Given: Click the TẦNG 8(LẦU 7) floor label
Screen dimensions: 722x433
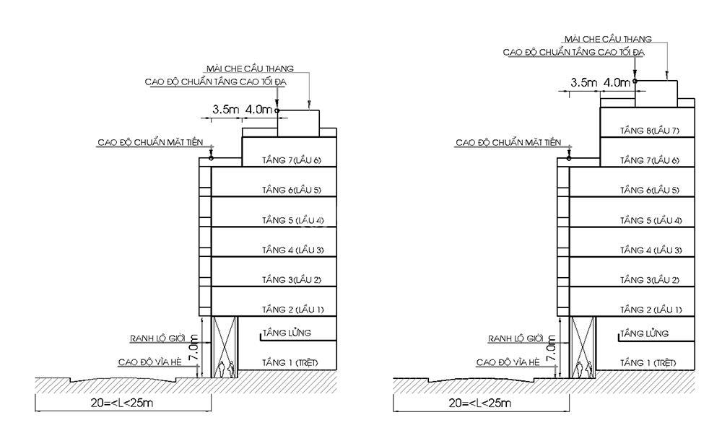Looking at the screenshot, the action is point(649,131).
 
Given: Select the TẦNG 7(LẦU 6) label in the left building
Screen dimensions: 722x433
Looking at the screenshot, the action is point(292,161).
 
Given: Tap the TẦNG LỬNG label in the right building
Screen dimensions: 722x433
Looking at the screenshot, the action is point(644,333).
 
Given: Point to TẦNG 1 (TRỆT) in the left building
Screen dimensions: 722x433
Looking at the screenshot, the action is point(290,362).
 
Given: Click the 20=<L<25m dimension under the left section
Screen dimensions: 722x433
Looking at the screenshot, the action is point(122,403).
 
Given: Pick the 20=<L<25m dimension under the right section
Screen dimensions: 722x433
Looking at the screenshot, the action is point(480,403).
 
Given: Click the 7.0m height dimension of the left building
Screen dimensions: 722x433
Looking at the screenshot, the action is point(193,349).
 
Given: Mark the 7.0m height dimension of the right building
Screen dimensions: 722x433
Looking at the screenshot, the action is point(552,349).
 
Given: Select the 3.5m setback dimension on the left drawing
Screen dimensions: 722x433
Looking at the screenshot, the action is point(225,110).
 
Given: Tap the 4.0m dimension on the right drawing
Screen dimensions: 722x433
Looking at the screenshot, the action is point(617,83).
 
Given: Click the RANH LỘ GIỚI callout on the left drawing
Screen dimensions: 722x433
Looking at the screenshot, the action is point(157,338).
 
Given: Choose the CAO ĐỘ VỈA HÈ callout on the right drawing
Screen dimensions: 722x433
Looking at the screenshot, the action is point(508,362).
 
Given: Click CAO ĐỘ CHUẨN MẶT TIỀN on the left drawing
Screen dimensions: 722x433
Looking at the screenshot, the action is point(150,143).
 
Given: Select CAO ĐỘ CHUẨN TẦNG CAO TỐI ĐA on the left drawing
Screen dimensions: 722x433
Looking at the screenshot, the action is point(215,82).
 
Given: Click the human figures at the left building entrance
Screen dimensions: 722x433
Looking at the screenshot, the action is point(225,369).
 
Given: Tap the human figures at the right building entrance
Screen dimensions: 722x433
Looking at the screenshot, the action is point(583,369).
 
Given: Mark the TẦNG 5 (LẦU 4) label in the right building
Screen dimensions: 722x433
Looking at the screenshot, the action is point(651,220).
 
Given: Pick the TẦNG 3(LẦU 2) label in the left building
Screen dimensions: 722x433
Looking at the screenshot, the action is point(292,280).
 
